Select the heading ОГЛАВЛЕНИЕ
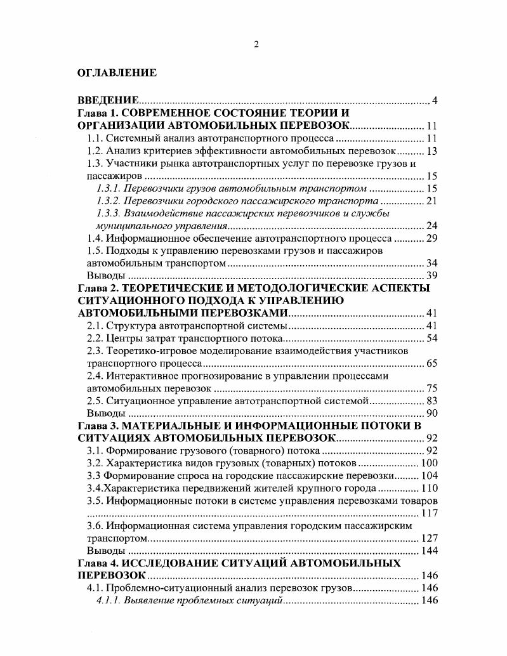(117, 73)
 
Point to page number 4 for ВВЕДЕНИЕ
(435, 100)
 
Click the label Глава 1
(94, 113)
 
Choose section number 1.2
(95, 151)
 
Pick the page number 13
(432, 151)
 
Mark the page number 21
(432, 201)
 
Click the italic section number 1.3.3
(108, 213)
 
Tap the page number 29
(432, 239)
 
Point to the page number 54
(432, 338)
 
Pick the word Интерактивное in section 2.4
(140, 376)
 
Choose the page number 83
(432, 401)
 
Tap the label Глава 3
(94, 426)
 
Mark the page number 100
(430, 463)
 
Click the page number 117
(430, 513)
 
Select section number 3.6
(95, 526)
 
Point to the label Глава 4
(94, 563)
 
